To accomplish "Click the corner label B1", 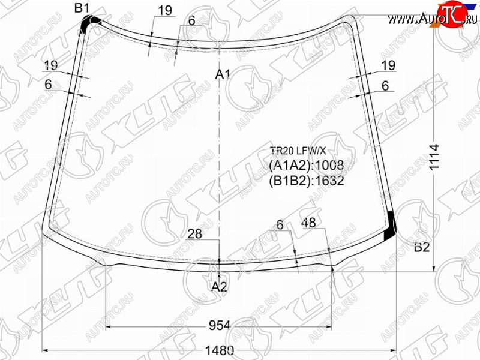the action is pos(82,8).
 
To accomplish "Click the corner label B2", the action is pos(422,247).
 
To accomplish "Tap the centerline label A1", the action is pos(223,74).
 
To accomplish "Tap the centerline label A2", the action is pos(220,287).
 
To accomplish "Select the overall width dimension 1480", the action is pos(219,350).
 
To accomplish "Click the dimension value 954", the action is pos(220,325).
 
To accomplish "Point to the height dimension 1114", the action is pos(434,157).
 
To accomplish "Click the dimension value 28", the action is pos(194,234).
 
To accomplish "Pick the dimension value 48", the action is pos(308,223).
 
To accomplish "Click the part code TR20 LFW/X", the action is pos(298,151).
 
